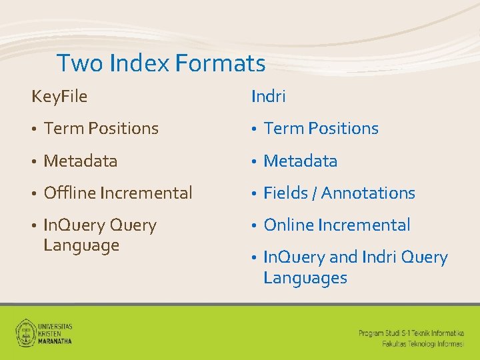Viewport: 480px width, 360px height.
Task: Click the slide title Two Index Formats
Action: pyautogui.click(x=161, y=64)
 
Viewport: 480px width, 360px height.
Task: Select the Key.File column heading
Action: pyautogui.click(x=59, y=97)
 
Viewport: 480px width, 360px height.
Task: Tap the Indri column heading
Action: pyautogui.click(x=269, y=97)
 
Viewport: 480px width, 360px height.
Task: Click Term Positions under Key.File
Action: pyautogui.click(x=101, y=129)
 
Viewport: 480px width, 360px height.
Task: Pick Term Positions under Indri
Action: pyautogui.click(x=321, y=129)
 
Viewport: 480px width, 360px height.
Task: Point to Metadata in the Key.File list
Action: pyautogui.click(x=80, y=161)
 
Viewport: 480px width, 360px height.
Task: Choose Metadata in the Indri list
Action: pyautogui.click(x=300, y=161)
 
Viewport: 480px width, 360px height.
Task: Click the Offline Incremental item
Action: pyautogui.click(x=117, y=193)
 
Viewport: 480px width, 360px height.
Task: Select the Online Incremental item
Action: pyautogui.click(x=337, y=225)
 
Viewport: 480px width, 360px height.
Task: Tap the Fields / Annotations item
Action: pyautogui.click(x=339, y=193)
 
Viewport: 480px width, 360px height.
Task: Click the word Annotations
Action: pyautogui.click(x=369, y=193)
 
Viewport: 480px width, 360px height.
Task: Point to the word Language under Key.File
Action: pyautogui.click(x=81, y=245)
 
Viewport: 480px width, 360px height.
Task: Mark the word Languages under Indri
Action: pyautogui.click(x=305, y=278)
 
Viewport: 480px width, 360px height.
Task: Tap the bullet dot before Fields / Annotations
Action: pyautogui.click(x=254, y=194)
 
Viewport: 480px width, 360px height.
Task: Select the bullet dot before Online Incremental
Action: pyautogui.click(x=254, y=226)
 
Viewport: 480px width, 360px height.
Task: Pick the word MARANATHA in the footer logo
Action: pyautogui.click(x=55, y=340)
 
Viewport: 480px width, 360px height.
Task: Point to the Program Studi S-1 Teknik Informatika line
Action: pyautogui.click(x=411, y=332)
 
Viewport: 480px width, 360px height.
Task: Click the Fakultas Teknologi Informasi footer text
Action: pyautogui.click(x=423, y=343)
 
